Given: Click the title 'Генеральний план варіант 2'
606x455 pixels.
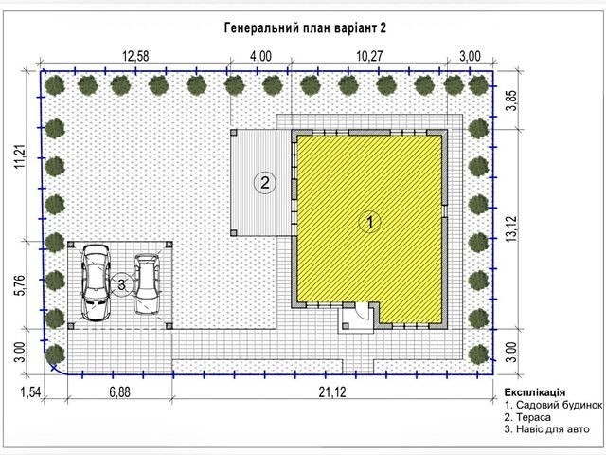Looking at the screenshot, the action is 305,27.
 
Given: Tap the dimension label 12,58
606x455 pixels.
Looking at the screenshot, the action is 135,56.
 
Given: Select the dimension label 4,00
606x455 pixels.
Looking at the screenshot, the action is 260,56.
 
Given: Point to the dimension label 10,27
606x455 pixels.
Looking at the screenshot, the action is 369,56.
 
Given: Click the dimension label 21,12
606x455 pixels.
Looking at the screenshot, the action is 332,392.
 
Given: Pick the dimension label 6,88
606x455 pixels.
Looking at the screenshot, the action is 119,392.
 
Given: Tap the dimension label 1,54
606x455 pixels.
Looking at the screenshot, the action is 30,392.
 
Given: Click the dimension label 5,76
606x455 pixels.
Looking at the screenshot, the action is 19,285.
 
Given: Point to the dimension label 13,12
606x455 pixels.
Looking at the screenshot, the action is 511,229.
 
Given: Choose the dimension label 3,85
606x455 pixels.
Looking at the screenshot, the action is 511,100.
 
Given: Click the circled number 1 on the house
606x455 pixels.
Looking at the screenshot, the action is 370,222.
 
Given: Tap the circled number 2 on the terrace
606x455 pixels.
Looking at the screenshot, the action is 265,182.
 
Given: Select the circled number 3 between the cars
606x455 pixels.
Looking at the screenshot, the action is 122,285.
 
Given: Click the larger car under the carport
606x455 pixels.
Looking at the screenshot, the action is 96,282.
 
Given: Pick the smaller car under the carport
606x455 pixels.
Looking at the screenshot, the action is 147,283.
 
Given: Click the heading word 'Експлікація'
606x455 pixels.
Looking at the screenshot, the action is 534,392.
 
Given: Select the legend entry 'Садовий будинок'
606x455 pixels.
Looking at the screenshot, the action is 559,405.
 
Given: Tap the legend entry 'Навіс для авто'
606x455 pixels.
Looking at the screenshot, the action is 553,429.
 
